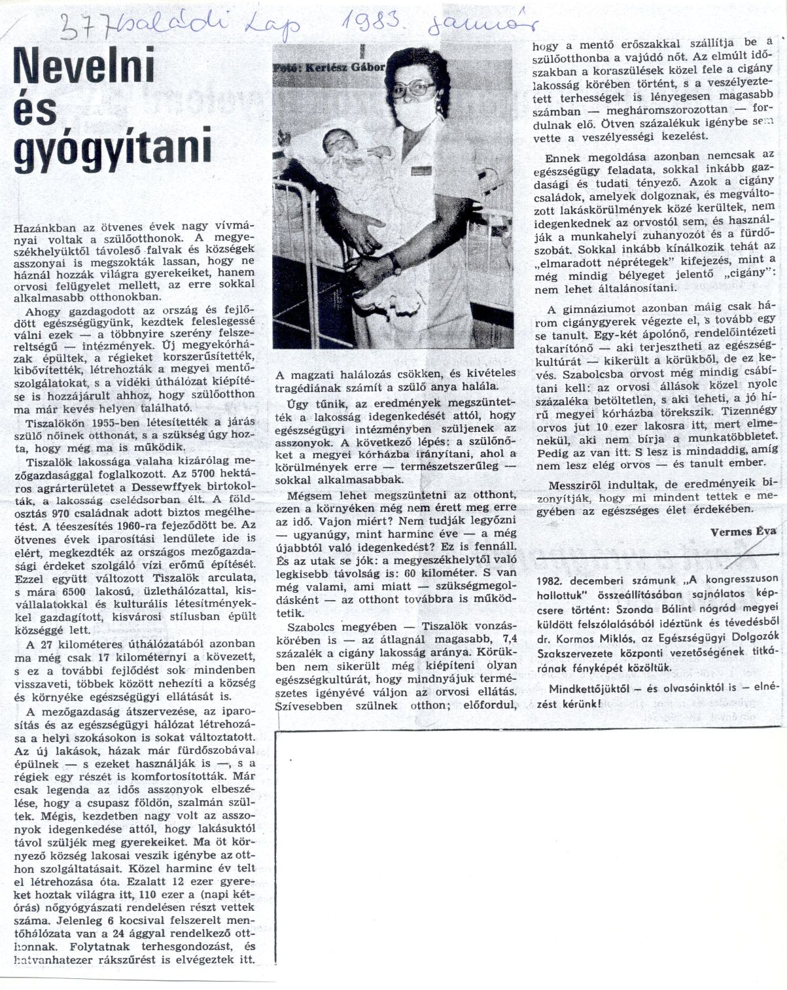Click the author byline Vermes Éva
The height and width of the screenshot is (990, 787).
(743, 514)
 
